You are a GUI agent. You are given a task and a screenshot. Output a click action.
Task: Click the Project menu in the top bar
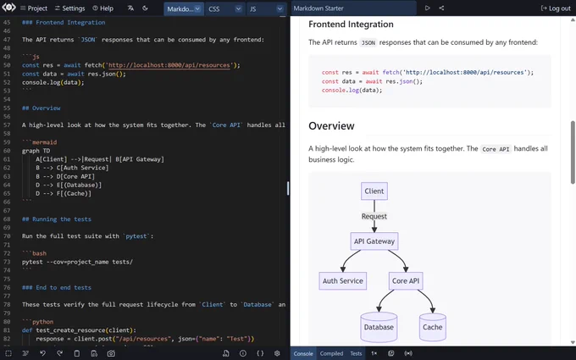click(34, 8)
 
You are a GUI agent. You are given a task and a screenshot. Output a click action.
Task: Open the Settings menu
click(69, 8)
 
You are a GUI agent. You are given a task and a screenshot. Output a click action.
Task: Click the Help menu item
click(102, 8)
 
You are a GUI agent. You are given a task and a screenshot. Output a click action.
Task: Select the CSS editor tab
click(225, 8)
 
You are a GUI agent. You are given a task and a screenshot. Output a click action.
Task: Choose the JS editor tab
click(266, 8)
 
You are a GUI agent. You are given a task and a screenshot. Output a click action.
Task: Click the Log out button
click(556, 8)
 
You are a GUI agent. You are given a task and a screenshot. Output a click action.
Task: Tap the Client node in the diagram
click(374, 191)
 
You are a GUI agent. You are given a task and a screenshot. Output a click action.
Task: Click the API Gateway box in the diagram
click(374, 241)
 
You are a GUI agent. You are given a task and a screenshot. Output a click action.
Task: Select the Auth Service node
click(343, 281)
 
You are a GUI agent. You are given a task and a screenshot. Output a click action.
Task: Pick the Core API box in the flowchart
click(406, 281)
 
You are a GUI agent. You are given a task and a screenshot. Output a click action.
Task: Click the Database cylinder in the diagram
click(379, 327)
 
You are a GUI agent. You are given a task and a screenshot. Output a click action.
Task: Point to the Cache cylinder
click(432, 327)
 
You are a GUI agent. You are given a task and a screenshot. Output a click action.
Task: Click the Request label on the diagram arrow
click(374, 216)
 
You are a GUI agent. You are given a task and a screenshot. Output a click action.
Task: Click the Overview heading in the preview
click(331, 126)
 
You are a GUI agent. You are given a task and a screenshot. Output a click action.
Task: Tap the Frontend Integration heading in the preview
click(351, 25)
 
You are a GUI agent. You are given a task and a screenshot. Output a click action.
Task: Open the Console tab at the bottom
click(303, 353)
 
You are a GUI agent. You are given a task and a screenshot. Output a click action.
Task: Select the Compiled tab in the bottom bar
click(331, 353)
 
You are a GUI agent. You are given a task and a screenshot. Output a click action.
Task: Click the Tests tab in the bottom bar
click(356, 353)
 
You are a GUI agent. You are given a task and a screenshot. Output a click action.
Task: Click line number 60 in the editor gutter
click(7, 151)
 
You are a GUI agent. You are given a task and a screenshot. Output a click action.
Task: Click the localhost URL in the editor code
click(169, 65)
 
